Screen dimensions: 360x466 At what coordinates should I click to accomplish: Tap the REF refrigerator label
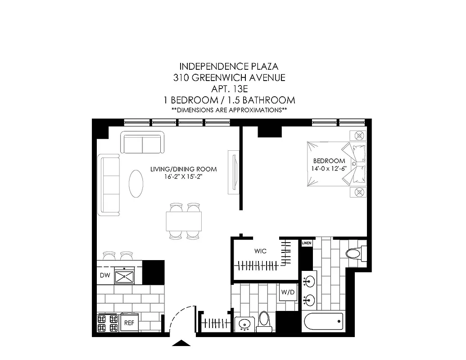[128, 323]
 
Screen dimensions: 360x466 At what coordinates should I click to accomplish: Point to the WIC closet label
[260, 251]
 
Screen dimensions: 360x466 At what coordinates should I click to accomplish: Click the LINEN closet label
[306, 243]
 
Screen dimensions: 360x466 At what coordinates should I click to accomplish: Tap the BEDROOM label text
[329, 161]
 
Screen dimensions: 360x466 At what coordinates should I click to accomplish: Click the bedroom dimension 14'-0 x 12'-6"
[329, 169]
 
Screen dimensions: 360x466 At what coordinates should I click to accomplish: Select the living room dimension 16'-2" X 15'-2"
[184, 177]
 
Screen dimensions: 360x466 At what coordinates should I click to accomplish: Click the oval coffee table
[137, 183]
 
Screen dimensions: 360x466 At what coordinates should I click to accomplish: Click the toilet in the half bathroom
[264, 320]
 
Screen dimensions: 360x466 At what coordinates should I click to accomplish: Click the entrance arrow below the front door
[181, 343]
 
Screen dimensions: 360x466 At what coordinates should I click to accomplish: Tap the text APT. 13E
[229, 89]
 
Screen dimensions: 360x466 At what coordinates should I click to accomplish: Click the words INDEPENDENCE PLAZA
[229, 67]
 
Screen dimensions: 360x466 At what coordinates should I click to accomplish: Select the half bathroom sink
[245, 324]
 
